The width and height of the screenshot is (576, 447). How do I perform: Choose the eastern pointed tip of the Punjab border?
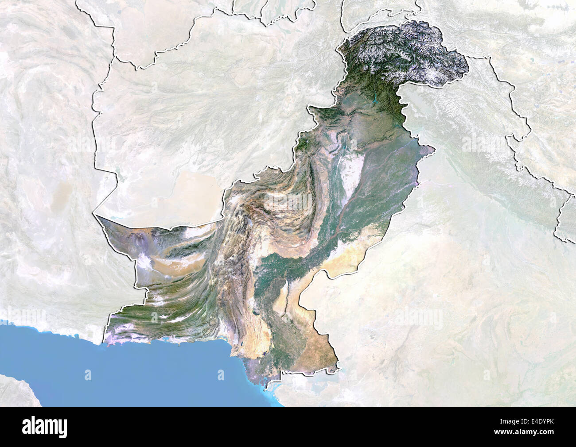coord(434,150)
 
